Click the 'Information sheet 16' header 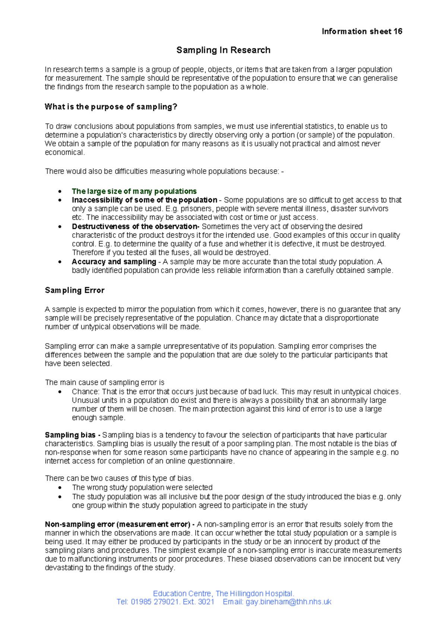[x=362, y=31]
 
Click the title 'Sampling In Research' [x=223, y=50]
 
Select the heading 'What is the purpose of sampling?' [x=111, y=107]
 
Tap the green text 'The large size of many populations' [x=134, y=191]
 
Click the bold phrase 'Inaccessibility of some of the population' [x=144, y=200]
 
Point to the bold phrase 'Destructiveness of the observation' [x=135, y=227]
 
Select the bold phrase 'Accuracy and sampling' [x=114, y=262]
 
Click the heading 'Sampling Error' [x=74, y=290]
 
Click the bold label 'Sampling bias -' [x=72, y=435]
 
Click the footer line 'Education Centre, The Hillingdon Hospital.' [x=223, y=593]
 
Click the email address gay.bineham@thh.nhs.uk [x=288, y=602]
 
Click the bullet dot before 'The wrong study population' [x=60, y=488]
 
